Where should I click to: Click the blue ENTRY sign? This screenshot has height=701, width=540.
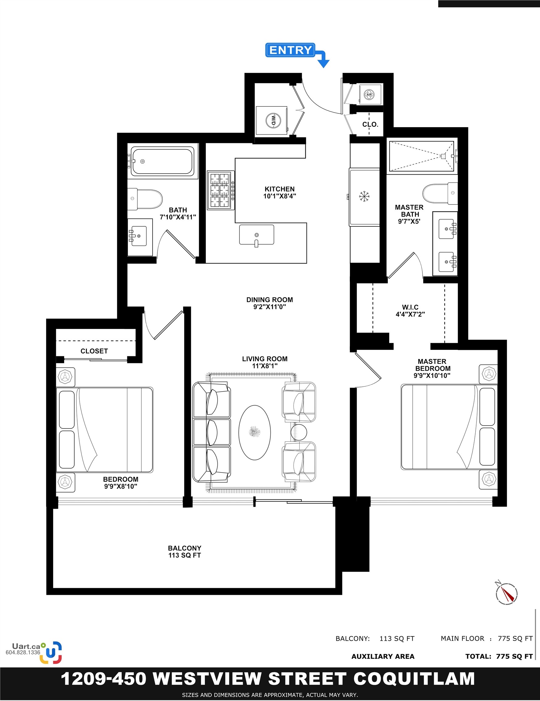pos(290,50)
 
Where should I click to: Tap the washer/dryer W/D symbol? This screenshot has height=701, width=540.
pos(273,120)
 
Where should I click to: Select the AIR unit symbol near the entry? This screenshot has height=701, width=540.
pos(369,94)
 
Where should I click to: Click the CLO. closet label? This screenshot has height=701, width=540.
pos(370,124)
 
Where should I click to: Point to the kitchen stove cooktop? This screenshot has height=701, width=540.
pos(220,190)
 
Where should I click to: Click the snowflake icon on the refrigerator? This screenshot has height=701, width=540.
pos(364,196)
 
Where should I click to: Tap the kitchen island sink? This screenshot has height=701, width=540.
pos(256,235)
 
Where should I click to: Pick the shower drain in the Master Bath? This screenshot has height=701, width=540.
pos(443,156)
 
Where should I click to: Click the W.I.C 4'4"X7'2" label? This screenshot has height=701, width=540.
pos(410,311)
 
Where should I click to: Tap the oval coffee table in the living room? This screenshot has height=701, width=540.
pos(255,432)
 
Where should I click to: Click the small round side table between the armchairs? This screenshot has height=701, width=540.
pos(299,432)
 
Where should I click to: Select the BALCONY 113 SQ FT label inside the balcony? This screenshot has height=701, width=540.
pos(185,551)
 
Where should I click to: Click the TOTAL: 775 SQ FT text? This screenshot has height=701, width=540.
pos(499,656)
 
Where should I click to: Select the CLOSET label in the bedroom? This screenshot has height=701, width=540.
pos(94,351)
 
